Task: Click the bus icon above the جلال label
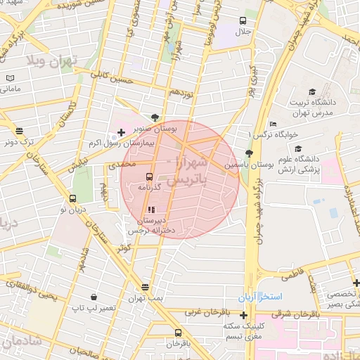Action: tap(243, 21)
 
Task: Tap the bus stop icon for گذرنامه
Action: tap(149, 176)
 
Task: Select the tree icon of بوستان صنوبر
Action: tap(155, 117)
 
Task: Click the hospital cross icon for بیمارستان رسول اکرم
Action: tap(121, 132)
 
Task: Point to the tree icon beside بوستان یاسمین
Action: tap(248, 153)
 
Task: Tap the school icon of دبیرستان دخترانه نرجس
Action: tap(152, 210)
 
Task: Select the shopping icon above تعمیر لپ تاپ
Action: tap(94, 297)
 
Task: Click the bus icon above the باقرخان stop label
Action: tap(178, 332)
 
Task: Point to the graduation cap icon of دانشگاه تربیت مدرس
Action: tap(312, 91)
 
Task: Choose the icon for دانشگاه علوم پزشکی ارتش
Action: tap(298, 149)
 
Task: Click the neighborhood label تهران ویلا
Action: tap(51, 61)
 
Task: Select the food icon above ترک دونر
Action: tap(19, 131)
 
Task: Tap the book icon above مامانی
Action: tap(10, 78)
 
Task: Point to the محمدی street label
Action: tap(121, 164)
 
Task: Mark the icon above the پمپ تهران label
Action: tap(145, 287)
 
